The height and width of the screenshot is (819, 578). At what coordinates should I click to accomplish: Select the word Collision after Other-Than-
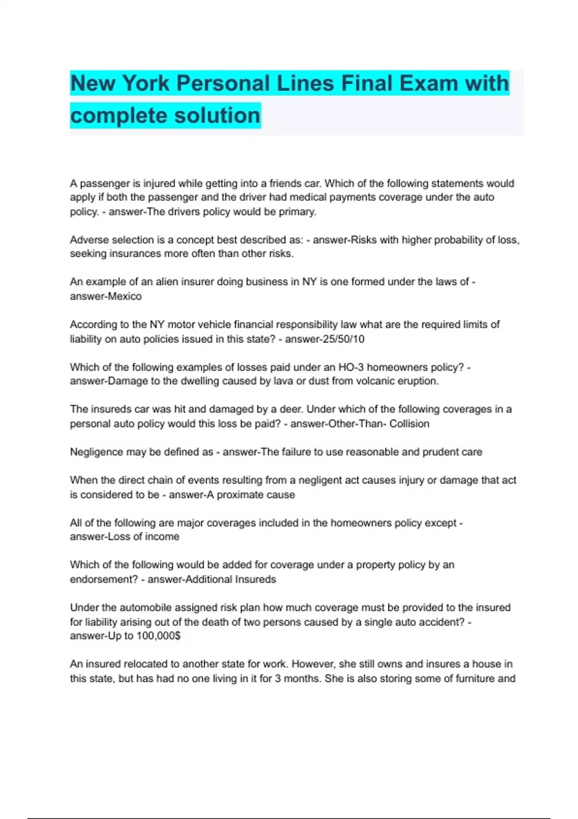point(409,424)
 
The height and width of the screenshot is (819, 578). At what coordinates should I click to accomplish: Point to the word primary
point(297,212)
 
